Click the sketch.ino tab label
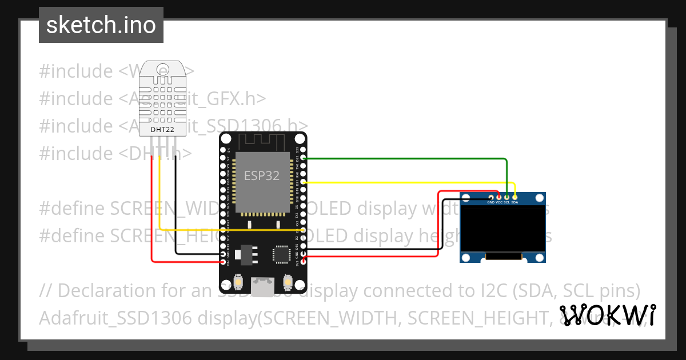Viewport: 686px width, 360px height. click(x=101, y=25)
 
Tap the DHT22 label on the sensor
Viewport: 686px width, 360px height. click(x=162, y=130)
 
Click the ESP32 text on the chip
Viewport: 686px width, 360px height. click(x=262, y=175)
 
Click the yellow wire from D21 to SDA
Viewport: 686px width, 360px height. click(x=400, y=182)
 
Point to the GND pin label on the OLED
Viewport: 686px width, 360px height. click(x=490, y=202)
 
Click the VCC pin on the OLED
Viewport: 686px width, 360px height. click(x=498, y=197)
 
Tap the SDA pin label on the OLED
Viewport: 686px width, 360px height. click(x=514, y=202)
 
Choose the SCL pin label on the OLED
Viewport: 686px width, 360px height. click(x=506, y=202)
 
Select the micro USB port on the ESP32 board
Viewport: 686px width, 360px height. click(x=263, y=286)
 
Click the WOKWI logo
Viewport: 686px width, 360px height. click(x=608, y=315)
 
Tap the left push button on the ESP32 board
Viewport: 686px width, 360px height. click(x=240, y=282)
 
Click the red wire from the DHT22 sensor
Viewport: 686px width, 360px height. click(x=151, y=217)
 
